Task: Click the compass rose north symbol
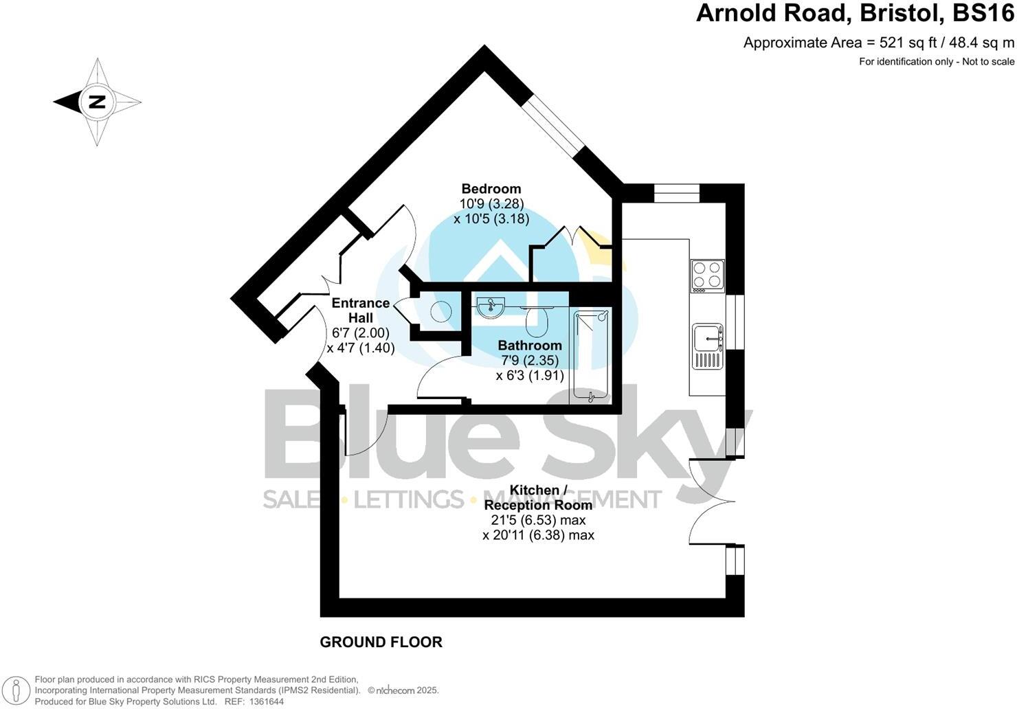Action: pyautogui.click(x=97, y=102)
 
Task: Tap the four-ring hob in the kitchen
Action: pyautogui.click(x=707, y=276)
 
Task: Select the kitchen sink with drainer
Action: pyautogui.click(x=708, y=346)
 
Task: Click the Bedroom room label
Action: pyautogui.click(x=491, y=189)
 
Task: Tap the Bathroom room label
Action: pyautogui.click(x=530, y=346)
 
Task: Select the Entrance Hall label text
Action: pyautogui.click(x=361, y=311)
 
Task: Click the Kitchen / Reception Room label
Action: pyautogui.click(x=538, y=497)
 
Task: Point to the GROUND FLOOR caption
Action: pyautogui.click(x=381, y=642)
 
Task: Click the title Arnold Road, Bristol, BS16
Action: pyautogui.click(x=855, y=14)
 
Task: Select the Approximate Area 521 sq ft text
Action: pyautogui.click(x=878, y=43)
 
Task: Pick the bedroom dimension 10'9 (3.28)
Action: pyautogui.click(x=491, y=204)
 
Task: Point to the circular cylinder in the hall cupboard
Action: pyautogui.click(x=440, y=312)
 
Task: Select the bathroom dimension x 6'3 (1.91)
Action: pyautogui.click(x=530, y=376)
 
